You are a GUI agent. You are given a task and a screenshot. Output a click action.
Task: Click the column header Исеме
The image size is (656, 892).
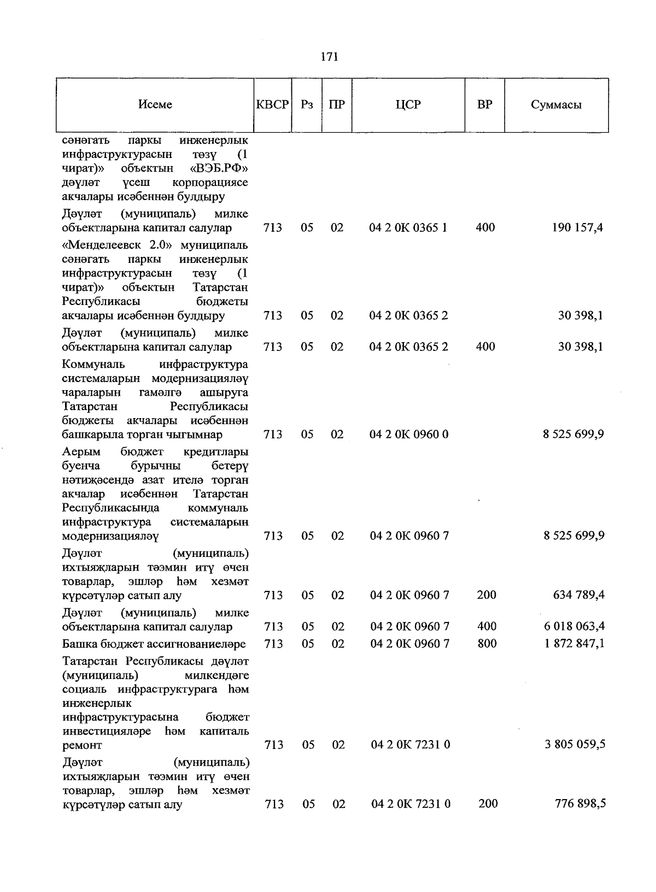click(155, 104)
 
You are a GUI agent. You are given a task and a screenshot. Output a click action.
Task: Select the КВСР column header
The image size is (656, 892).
click(272, 104)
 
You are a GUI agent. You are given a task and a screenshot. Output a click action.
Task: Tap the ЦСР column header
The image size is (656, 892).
click(408, 104)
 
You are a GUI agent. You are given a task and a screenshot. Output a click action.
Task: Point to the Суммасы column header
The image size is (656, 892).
click(556, 105)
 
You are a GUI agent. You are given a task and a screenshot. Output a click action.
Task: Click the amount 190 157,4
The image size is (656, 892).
click(577, 227)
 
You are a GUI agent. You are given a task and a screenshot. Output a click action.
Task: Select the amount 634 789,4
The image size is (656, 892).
click(578, 595)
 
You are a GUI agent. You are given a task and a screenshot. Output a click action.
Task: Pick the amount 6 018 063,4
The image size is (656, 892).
click(574, 626)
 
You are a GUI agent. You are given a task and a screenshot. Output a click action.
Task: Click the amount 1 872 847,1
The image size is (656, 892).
click(574, 643)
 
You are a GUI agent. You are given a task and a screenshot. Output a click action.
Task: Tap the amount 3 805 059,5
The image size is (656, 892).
click(575, 744)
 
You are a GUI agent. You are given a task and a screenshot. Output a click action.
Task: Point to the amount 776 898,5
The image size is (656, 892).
click(579, 803)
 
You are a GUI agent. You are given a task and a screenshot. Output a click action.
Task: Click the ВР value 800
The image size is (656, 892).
click(487, 643)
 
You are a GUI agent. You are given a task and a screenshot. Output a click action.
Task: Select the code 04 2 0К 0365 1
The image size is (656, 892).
click(408, 227)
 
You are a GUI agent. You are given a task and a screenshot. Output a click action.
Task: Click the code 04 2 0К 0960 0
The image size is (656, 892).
click(409, 435)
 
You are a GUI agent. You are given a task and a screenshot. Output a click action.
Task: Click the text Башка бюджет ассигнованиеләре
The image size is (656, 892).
click(154, 644)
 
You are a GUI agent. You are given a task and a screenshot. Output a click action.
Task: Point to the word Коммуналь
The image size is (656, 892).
click(93, 364)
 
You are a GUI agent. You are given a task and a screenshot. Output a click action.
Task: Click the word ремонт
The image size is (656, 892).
click(82, 745)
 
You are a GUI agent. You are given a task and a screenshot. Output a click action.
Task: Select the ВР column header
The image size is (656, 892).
click(484, 104)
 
